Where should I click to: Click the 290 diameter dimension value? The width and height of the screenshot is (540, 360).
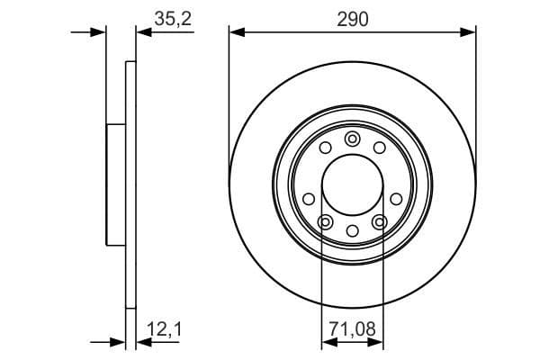pyautogui.click(x=353, y=20)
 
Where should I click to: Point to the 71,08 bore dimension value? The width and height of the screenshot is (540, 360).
pyautogui.click(x=352, y=330)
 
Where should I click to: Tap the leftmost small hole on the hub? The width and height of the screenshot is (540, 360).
pyautogui.click(x=309, y=198)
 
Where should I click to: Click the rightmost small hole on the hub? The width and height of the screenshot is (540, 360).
pyautogui.click(x=396, y=198)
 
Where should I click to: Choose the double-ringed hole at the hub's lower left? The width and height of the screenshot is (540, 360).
pyautogui.click(x=326, y=221)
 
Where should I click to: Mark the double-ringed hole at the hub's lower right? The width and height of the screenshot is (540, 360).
pyautogui.click(x=379, y=221)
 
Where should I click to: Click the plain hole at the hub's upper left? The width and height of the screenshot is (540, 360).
pyautogui.click(x=326, y=148)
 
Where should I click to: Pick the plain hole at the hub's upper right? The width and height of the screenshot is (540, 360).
pyautogui.click(x=379, y=148)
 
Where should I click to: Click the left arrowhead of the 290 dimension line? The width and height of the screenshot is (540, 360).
pyautogui.click(x=236, y=32)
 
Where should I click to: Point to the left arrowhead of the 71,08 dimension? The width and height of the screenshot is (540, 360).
pyautogui.click(x=328, y=342)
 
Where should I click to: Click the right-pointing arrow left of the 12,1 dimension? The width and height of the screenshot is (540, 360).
pyautogui.click(x=118, y=342)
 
